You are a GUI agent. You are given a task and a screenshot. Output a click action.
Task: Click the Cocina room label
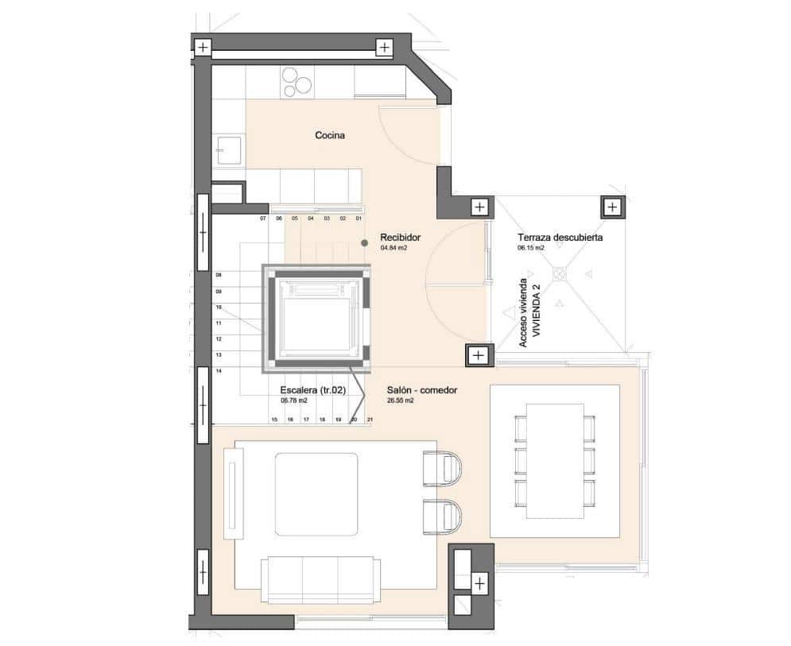329,136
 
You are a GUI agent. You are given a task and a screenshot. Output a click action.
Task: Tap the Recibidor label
399,238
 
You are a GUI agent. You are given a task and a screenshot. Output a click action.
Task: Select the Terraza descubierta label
560,238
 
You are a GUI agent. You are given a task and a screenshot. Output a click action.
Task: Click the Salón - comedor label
421,390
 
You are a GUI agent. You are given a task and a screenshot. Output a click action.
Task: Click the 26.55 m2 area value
401,400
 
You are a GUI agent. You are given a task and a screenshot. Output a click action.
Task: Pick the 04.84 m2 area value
394,248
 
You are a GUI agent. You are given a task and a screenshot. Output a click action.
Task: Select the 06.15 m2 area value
531,248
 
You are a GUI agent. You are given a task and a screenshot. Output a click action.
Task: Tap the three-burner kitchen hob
297,81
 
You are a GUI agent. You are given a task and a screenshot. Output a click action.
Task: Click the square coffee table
316,493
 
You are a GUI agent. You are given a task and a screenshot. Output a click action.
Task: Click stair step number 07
262,218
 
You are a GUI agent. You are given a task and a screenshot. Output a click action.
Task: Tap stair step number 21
370,419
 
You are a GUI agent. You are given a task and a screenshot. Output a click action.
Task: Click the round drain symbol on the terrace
559,273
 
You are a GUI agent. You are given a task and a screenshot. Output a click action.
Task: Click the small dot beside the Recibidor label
364,242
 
